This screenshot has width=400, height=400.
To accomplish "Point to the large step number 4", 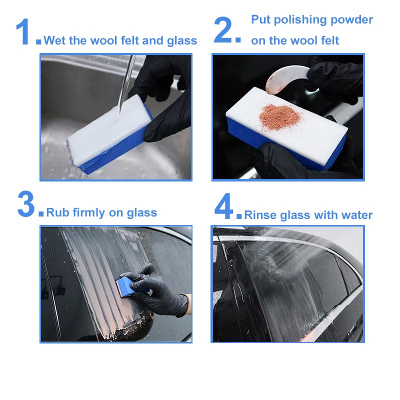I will click(224, 207).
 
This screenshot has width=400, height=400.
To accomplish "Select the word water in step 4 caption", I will click(357, 215).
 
